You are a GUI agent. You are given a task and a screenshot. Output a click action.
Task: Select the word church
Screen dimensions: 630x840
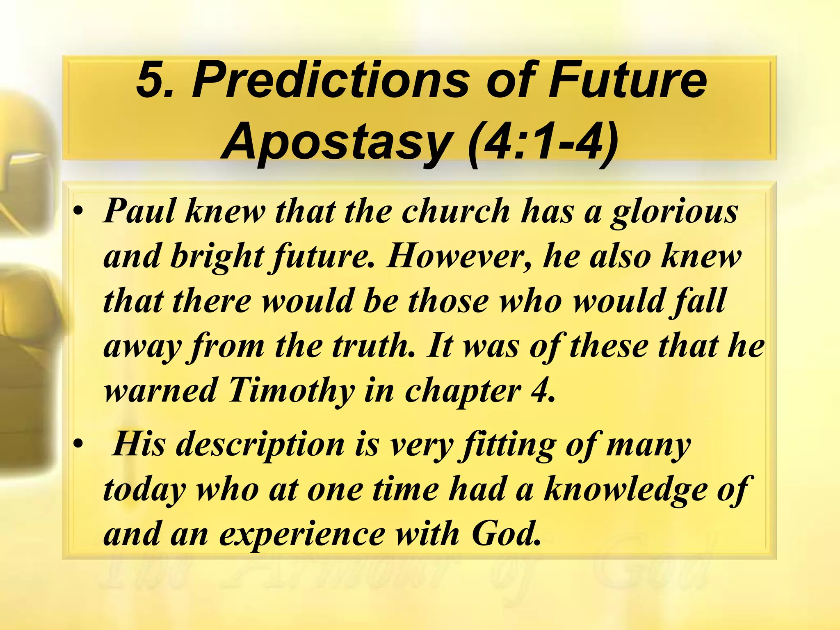pos(455,212)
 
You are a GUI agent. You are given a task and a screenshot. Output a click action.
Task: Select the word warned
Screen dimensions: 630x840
pos(160,390)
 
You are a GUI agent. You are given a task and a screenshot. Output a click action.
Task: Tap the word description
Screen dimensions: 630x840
pos(260,445)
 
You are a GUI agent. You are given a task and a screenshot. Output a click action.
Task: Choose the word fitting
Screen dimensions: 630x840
pos(508,445)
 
